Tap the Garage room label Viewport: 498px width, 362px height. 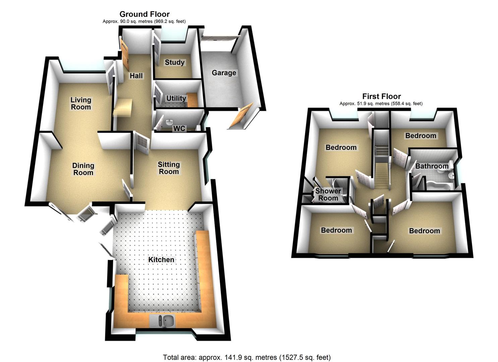coord(224,73)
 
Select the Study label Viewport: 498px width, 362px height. coord(174,62)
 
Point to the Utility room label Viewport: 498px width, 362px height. coord(176,98)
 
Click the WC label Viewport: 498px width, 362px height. coord(179,128)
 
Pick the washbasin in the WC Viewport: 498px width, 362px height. coord(170,122)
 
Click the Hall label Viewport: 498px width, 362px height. coord(136,76)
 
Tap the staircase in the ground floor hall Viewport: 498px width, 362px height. coord(122,108)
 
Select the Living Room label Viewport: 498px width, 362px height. coord(81,103)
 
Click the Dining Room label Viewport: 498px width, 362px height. coord(83,169)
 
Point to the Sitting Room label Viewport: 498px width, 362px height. coord(169,168)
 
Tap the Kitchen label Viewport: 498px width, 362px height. coord(161,259)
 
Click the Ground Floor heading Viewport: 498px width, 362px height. coord(145,14)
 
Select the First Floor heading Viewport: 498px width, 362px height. coord(382,96)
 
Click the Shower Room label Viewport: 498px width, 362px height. coord(328,194)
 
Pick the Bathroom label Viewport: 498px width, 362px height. coord(432,166)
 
